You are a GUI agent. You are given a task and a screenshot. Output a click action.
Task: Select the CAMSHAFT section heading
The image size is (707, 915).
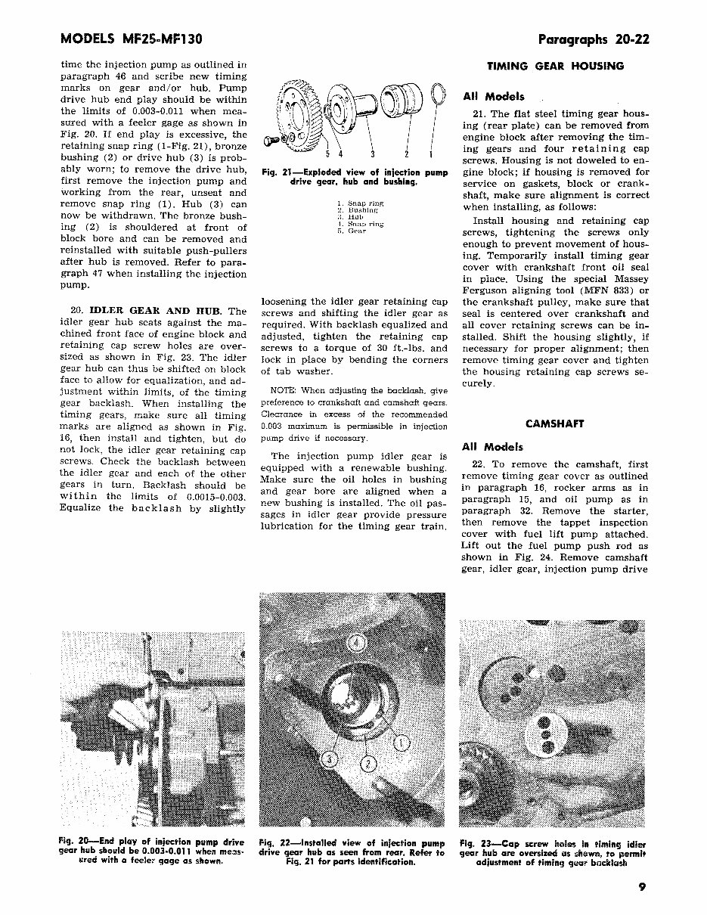click(554, 424)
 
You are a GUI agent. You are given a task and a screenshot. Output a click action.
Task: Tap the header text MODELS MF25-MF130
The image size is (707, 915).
click(129, 39)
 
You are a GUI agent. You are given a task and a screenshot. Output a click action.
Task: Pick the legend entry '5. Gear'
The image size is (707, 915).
click(352, 231)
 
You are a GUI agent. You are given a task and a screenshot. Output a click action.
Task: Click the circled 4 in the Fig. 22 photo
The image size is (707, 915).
click(358, 644)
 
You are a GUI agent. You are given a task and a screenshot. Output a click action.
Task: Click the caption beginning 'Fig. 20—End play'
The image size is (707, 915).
click(151, 851)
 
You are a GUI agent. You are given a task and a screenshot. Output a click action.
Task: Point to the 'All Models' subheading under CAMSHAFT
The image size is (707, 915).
click(493, 447)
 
